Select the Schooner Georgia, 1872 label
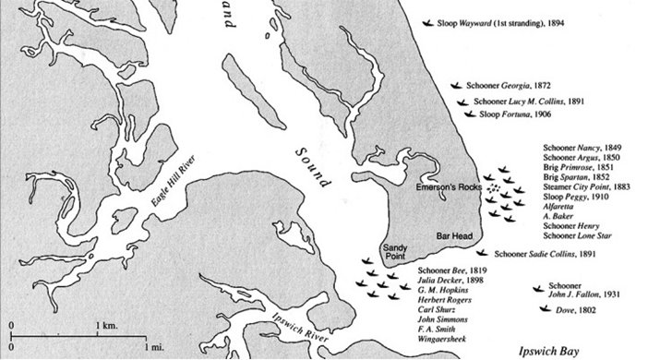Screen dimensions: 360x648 click(496, 85)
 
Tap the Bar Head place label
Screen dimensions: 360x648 click(454, 236)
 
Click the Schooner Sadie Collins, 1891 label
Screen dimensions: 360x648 click(545, 252)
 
